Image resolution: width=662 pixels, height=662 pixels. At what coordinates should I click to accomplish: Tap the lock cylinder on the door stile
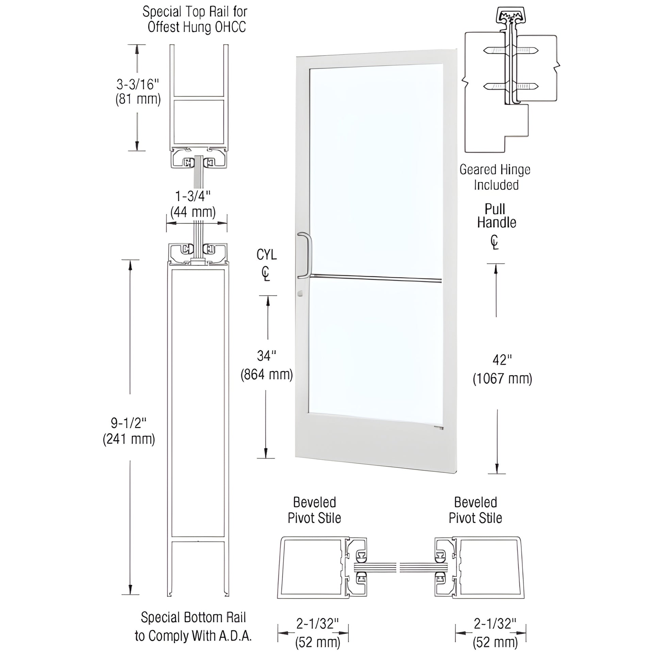point(300,293)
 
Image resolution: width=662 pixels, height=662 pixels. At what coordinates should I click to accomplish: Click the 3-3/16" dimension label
point(138,84)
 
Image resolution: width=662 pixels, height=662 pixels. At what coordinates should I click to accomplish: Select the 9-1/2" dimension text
point(129,424)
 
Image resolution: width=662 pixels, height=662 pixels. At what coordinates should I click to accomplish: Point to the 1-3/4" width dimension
point(193,197)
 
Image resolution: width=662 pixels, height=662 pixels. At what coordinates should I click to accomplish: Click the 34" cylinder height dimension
point(266,356)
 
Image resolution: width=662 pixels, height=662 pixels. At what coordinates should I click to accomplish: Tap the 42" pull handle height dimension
point(502,360)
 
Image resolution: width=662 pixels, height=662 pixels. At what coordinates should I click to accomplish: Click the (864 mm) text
point(267,375)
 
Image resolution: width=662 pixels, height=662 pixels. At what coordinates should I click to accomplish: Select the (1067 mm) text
point(502,379)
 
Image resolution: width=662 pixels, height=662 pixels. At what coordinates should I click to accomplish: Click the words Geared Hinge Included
point(495,178)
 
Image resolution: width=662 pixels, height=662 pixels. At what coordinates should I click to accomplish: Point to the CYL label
point(267,254)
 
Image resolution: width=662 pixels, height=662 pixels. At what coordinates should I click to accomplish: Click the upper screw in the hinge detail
point(511,51)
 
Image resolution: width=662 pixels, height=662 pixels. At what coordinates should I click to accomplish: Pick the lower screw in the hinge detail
point(511,86)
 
